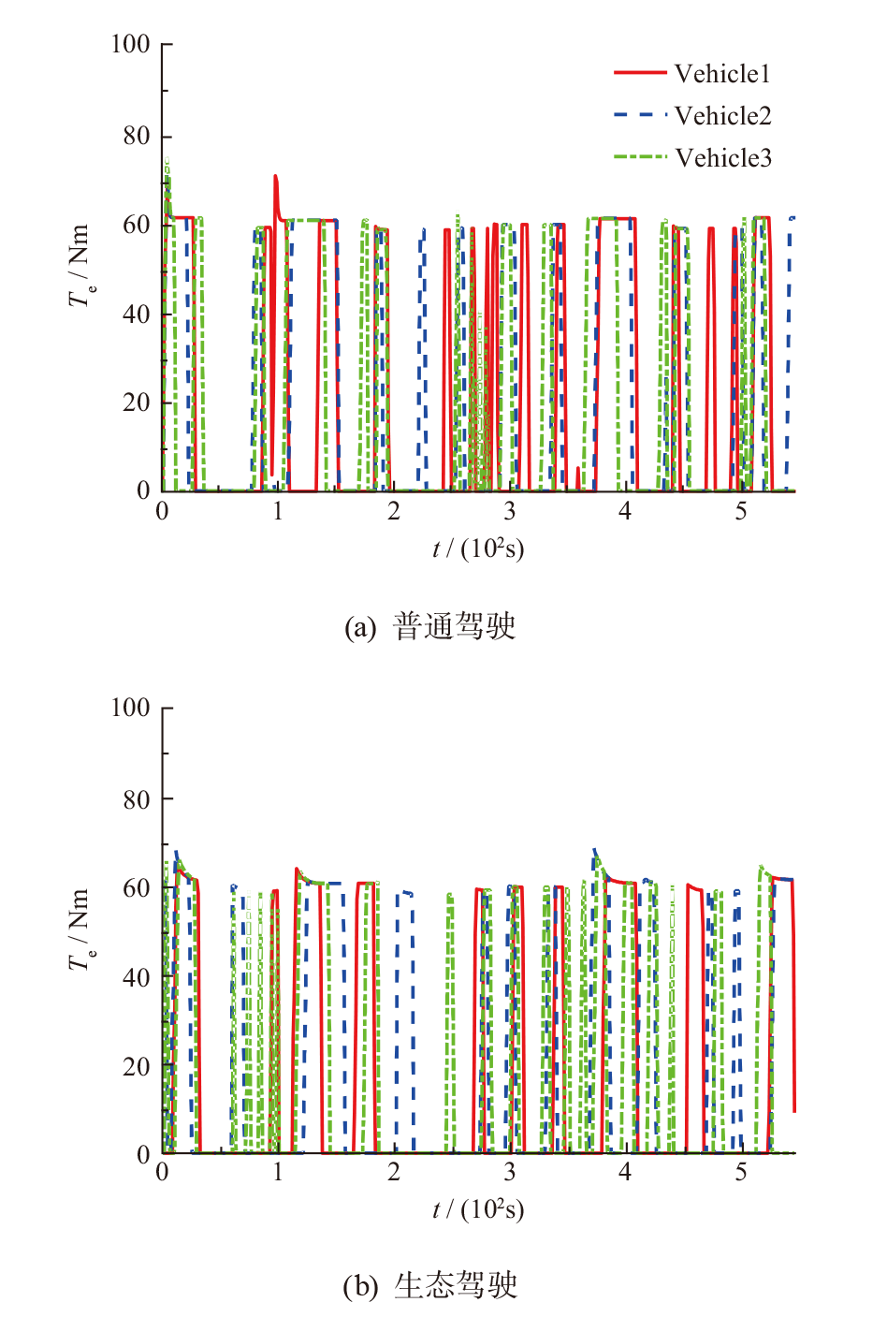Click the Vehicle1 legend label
coord(721,74)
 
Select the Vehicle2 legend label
coord(722,116)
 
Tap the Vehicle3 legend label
coord(723,157)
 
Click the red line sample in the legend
coord(640,73)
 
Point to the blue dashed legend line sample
coord(640,115)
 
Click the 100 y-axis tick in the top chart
coord(130,44)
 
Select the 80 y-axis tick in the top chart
coord(137,137)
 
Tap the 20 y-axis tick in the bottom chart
coord(137,1066)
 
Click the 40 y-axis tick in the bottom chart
coord(137,977)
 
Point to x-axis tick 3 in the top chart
coord(509,511)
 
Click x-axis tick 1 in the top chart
coord(278,511)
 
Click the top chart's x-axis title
coord(478,549)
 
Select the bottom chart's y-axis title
coord(80,929)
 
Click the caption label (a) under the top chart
coord(359,627)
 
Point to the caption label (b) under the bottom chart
coord(359,1286)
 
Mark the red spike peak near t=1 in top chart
coord(275,175)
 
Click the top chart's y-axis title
coord(80,266)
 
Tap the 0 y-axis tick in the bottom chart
coord(143,1155)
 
